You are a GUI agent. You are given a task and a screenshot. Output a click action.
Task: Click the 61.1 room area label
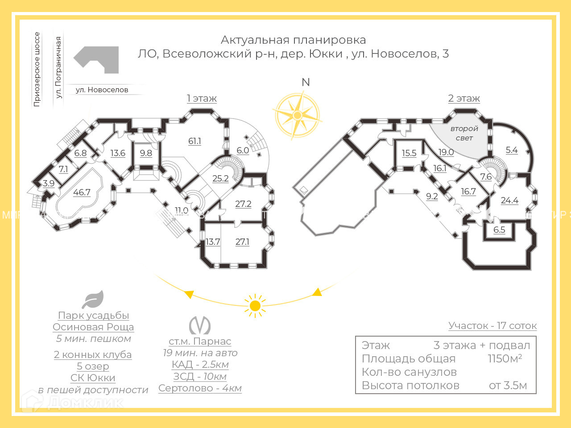(194, 141)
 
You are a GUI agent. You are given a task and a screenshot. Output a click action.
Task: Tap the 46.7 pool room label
(82, 193)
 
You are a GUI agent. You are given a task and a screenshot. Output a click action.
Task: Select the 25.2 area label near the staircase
(220, 179)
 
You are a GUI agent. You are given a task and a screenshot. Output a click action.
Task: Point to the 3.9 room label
(49, 183)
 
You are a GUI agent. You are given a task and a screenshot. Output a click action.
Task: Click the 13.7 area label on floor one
(213, 242)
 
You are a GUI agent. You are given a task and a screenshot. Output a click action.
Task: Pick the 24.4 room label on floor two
(509, 201)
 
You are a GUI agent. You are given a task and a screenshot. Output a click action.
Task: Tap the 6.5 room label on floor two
(499, 230)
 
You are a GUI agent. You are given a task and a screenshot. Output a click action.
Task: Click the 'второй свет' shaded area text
(464, 133)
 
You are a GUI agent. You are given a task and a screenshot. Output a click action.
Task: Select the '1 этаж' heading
(202, 99)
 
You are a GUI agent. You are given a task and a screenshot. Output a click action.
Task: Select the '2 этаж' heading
(464, 99)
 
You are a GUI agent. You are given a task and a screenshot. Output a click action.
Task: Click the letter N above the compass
(306, 82)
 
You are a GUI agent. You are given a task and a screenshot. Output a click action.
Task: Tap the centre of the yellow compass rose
(297, 115)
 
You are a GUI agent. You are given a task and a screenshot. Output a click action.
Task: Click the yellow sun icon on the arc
(255, 306)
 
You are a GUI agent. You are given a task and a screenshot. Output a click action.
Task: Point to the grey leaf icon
(93, 300)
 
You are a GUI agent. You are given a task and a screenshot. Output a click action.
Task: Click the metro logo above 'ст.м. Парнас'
(199, 325)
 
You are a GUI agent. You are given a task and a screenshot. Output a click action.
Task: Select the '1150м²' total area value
(505, 358)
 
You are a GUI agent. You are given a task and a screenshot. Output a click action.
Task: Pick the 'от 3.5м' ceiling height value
(508, 386)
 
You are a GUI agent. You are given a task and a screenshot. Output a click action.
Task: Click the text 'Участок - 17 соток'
(492, 326)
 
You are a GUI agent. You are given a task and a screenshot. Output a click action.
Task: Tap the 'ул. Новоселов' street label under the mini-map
(102, 90)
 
